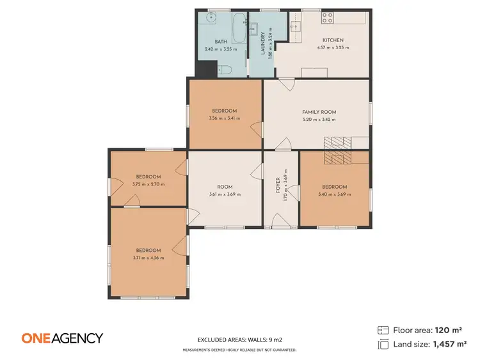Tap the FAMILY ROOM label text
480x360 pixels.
point(319,112)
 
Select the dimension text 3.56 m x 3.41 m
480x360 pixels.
point(224,118)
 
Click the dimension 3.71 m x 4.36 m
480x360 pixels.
point(148,258)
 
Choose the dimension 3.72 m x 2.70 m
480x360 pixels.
point(148,184)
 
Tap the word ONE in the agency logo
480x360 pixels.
point(36,338)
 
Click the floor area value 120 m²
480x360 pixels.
point(448,330)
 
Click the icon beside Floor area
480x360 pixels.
point(383,330)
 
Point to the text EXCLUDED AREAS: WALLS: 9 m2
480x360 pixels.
point(239,340)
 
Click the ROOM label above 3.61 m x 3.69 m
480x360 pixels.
point(224,187)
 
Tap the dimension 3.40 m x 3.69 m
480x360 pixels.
point(335,194)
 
